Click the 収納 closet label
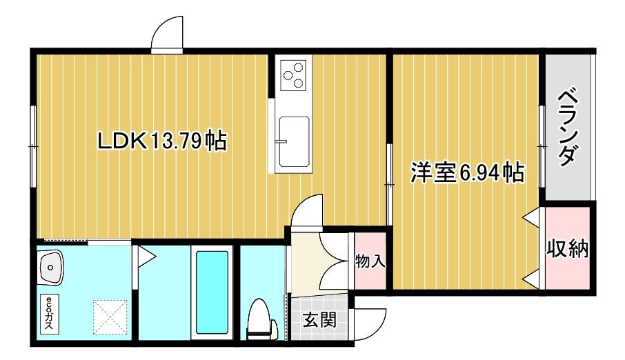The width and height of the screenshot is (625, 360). pyautogui.click(x=568, y=248)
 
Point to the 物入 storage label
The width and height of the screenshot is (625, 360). pyautogui.click(x=370, y=262)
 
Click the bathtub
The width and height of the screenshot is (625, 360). pyautogui.click(x=212, y=291)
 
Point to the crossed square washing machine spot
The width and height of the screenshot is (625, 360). pyautogui.click(x=110, y=315)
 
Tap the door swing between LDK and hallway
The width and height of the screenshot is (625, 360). pyautogui.click(x=306, y=212)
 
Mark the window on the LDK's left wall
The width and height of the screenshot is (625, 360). pyautogui.click(x=32, y=146)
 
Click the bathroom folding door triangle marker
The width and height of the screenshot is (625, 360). pyautogui.click(x=146, y=257)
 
